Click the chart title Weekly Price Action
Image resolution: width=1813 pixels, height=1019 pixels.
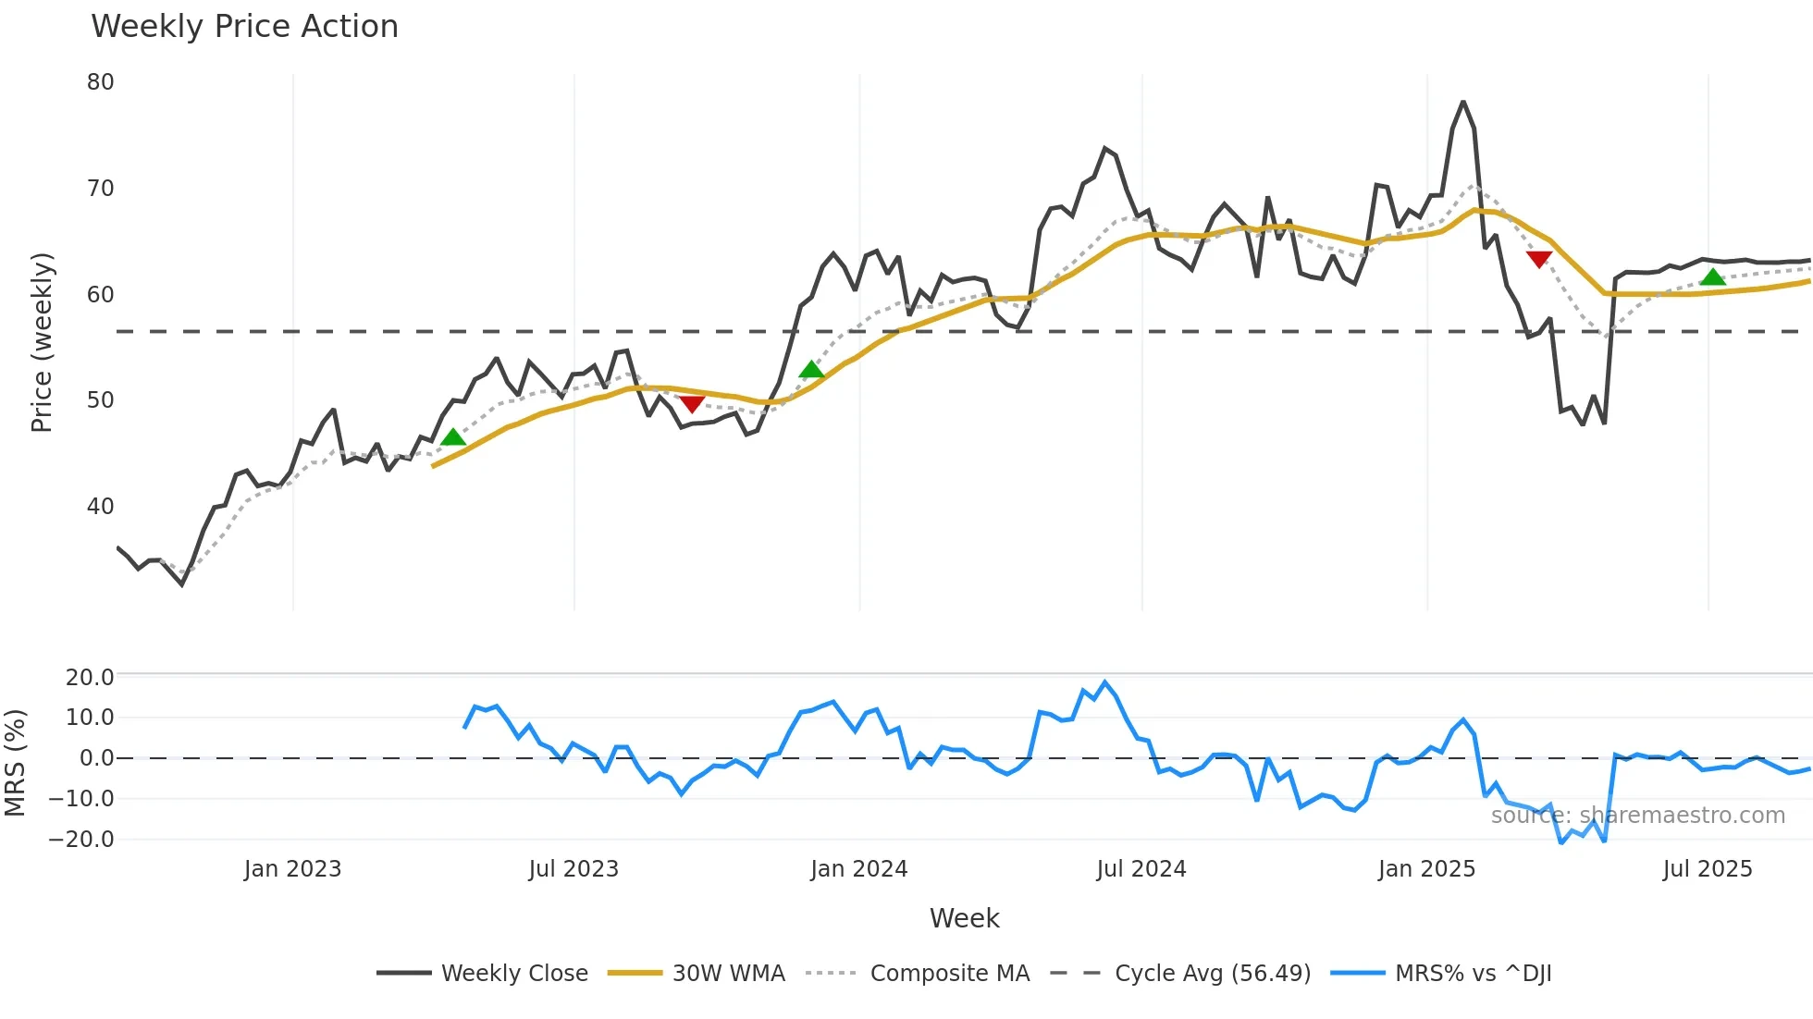(x=244, y=27)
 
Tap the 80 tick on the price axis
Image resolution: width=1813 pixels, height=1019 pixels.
(x=100, y=82)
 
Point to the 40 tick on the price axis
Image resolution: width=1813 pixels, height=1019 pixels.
(x=100, y=507)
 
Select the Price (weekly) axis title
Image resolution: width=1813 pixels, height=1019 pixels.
(x=42, y=342)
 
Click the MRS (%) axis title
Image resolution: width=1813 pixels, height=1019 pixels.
(x=15, y=763)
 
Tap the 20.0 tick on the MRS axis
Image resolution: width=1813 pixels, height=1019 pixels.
(x=89, y=678)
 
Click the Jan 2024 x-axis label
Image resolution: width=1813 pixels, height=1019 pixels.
(x=858, y=869)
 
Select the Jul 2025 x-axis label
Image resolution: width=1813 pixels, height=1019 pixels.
(x=1707, y=869)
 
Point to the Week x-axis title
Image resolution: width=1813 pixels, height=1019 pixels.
(x=964, y=918)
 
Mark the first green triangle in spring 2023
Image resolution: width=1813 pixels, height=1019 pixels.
(x=452, y=437)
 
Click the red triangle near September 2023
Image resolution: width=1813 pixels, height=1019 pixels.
(x=692, y=404)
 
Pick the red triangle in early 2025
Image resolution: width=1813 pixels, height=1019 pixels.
(x=1539, y=260)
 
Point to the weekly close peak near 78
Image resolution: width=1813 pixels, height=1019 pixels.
(x=1462, y=102)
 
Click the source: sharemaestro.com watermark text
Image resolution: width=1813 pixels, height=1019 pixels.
(x=1637, y=816)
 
